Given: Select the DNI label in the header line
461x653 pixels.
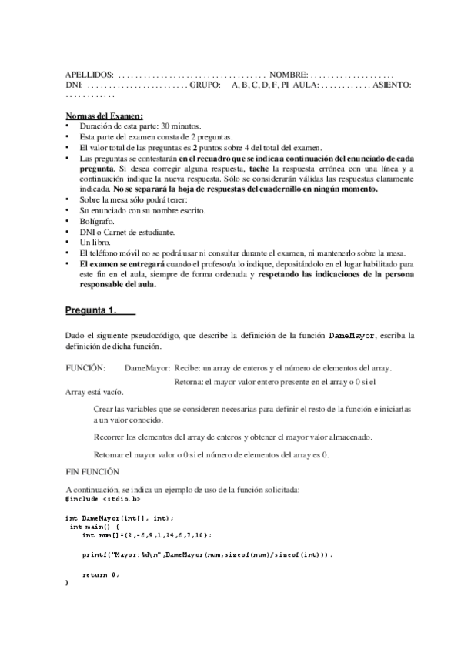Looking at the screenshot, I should coord(74,84).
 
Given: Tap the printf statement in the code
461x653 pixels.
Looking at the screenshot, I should coord(207,554).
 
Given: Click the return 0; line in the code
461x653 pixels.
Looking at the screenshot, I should coord(100,574).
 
